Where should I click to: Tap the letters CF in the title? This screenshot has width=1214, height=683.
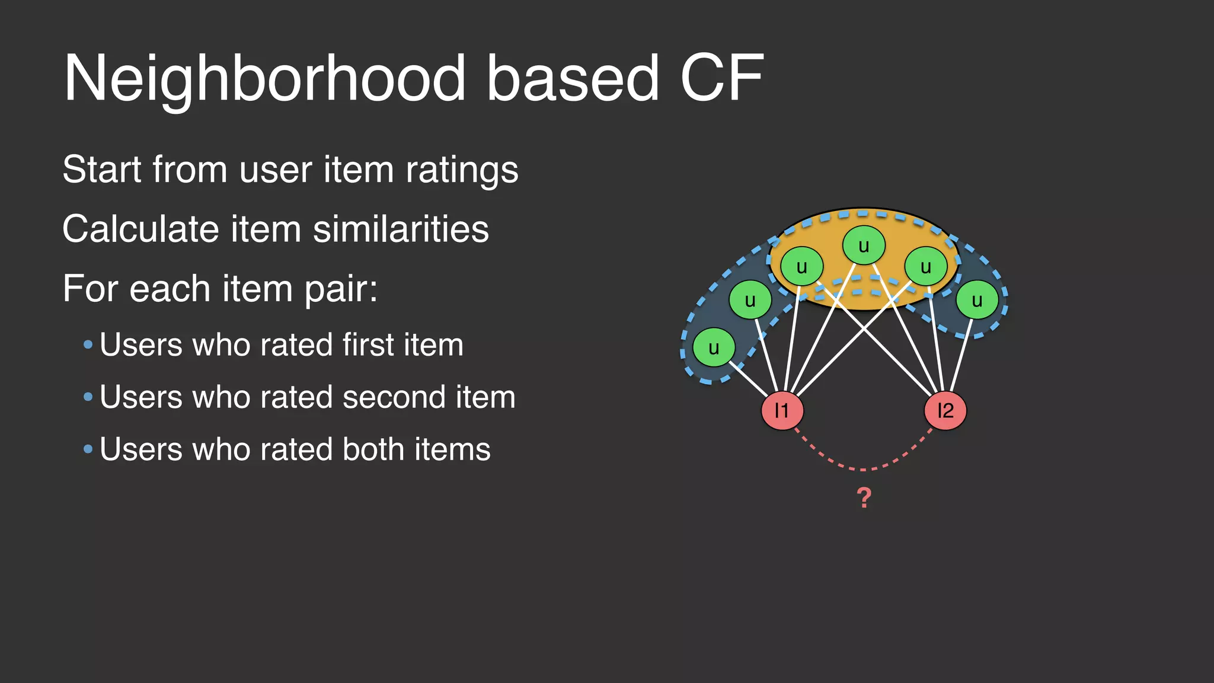tap(721, 78)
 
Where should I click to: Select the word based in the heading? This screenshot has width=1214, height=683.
tap(573, 78)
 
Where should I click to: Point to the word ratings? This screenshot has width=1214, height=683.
tap(462, 171)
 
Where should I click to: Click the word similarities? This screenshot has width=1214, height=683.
tap(401, 229)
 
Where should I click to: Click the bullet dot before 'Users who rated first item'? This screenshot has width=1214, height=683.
tap(88, 344)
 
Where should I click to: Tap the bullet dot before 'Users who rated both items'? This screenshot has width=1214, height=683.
tap(88, 449)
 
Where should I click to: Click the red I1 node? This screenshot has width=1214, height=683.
tap(782, 410)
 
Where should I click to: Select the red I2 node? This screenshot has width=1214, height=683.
tap(945, 410)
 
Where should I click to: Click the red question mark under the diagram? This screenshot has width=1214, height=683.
tap(864, 497)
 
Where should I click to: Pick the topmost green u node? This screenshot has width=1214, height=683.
tap(864, 245)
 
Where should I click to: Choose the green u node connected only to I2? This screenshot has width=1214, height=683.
tap(977, 300)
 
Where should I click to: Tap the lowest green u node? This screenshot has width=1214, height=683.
tap(714, 347)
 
